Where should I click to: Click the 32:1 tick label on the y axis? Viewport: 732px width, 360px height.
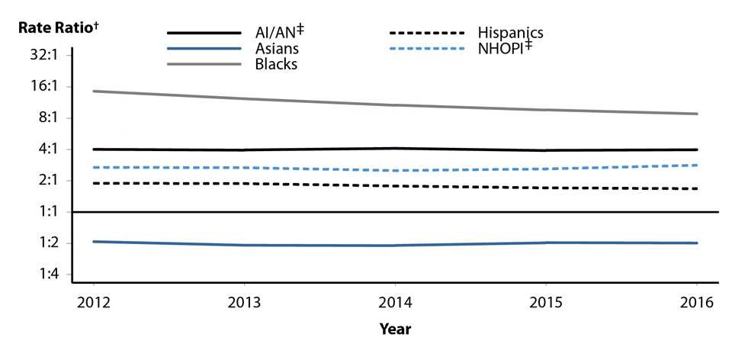pyautogui.click(x=38, y=56)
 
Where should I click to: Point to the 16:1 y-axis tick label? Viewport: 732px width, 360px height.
pyautogui.click(x=38, y=87)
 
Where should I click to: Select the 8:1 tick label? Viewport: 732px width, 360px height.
pyautogui.click(x=41, y=118)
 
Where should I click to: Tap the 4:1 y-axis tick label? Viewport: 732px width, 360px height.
pyautogui.click(x=41, y=149)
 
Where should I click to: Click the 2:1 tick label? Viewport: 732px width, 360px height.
pyautogui.click(x=41, y=181)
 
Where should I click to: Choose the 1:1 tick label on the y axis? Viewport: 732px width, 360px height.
pyautogui.click(x=41, y=212)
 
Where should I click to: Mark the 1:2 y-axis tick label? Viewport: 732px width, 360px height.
pyautogui.click(x=41, y=243)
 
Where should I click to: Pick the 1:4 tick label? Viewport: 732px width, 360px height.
pyautogui.click(x=41, y=275)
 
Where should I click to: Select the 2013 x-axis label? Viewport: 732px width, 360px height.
pyautogui.click(x=245, y=302)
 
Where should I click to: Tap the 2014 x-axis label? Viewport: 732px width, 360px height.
pyautogui.click(x=396, y=302)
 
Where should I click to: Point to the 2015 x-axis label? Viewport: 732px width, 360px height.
pyautogui.click(x=547, y=302)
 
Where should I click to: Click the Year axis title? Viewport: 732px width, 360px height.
pyautogui.click(x=396, y=329)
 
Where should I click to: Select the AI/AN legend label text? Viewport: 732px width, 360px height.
pyautogui.click(x=275, y=34)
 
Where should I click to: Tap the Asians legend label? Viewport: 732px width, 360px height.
pyautogui.click(x=276, y=49)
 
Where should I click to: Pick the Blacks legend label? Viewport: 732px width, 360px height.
pyautogui.click(x=276, y=64)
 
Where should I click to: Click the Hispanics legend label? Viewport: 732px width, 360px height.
pyautogui.click(x=510, y=33)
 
